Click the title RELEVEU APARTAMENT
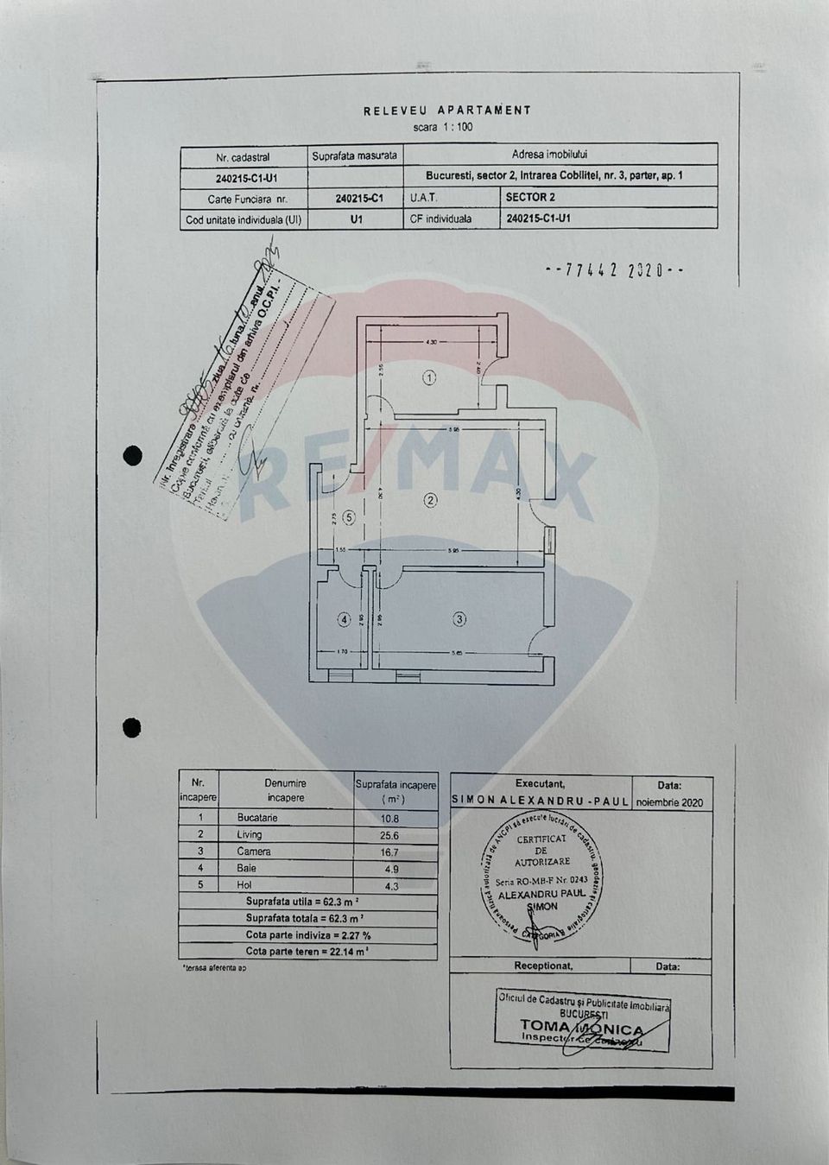click(x=447, y=111)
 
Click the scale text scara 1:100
click(x=443, y=127)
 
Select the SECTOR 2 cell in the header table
click(x=530, y=197)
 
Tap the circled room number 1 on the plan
click(x=430, y=377)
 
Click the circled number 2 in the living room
click(x=430, y=500)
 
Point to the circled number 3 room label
click(x=459, y=618)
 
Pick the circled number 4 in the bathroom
click(x=345, y=619)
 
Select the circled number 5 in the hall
click(x=349, y=518)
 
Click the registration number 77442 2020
click(x=615, y=270)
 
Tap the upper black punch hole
click(x=133, y=455)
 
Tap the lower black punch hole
click(x=131, y=728)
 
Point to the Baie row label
click(x=247, y=868)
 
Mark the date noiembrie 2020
click(x=669, y=802)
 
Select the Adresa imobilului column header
click(x=549, y=155)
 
